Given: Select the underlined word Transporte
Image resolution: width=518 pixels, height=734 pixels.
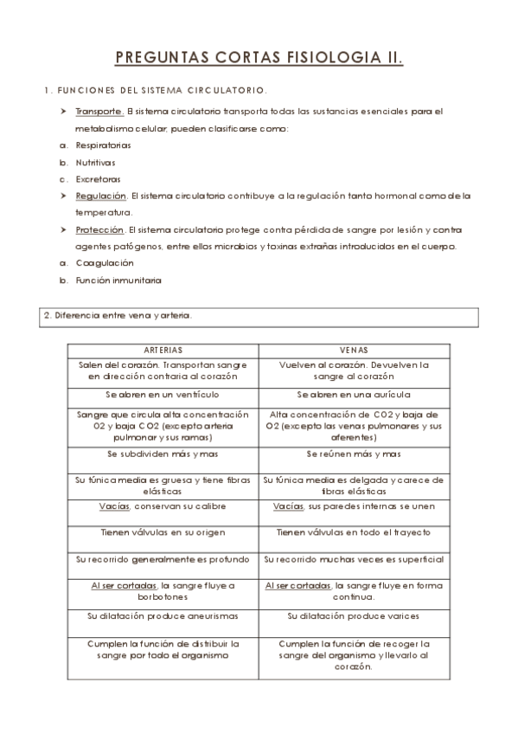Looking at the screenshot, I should (x=99, y=112).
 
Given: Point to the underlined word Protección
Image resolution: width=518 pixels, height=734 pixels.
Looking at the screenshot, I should (x=99, y=229).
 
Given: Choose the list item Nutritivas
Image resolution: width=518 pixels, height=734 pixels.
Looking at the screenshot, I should (x=95, y=162).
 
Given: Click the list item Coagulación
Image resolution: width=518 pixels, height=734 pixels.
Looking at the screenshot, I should (x=105, y=263).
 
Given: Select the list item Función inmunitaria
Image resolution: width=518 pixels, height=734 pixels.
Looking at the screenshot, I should (x=118, y=280).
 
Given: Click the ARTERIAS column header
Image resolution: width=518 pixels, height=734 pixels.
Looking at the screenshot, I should (x=163, y=351).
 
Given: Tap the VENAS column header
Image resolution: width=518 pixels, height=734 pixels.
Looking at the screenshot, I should (x=354, y=351).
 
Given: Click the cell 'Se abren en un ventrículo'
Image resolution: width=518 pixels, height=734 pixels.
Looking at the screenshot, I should (x=163, y=394).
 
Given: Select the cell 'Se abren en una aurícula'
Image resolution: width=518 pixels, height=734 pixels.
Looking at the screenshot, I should (x=354, y=394).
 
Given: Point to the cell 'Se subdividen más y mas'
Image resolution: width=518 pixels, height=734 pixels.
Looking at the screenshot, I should (x=163, y=454).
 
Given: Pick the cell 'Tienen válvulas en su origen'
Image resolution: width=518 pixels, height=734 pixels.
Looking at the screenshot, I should (x=163, y=532).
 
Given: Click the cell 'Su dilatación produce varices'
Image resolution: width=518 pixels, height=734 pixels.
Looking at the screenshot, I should (x=354, y=616).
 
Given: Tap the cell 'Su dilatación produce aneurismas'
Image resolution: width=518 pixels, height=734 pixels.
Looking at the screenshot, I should (x=163, y=616).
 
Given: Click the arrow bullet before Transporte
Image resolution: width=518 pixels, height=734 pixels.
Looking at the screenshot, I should (x=64, y=112).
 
